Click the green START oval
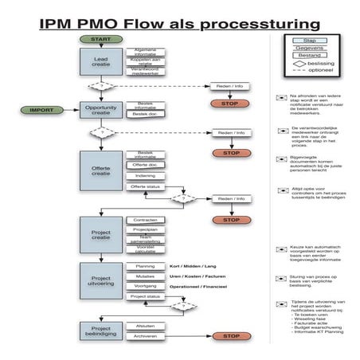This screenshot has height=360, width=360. [101, 39]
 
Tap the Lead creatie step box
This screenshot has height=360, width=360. [101, 61]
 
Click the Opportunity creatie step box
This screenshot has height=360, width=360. [101, 110]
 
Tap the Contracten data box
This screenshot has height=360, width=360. [145, 220]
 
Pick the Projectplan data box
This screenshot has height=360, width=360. [145, 229]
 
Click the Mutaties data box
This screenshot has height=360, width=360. [145, 276]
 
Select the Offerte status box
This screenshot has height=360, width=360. [145, 186]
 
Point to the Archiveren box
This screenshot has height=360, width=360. [145, 336]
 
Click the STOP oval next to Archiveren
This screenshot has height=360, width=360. [231, 336]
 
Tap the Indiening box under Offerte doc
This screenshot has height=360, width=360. [145, 176]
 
